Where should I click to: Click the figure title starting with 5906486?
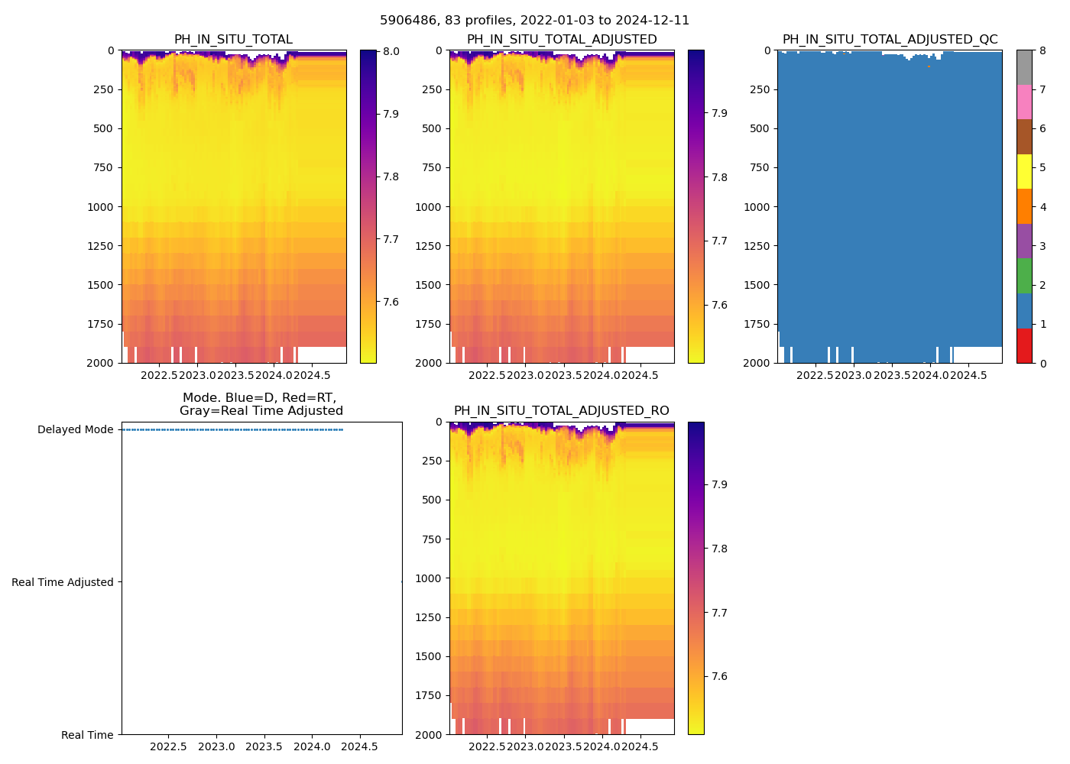[x=534, y=21]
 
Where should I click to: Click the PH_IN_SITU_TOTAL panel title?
[x=233, y=40]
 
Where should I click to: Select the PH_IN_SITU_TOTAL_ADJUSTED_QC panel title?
[x=890, y=40]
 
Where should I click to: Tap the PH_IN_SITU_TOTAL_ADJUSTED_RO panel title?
[x=561, y=411]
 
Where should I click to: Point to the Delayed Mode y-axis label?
[x=75, y=429]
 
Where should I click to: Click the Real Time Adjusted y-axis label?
[x=63, y=582]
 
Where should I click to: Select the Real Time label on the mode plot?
[x=87, y=735]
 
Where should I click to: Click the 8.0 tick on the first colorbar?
[x=391, y=51]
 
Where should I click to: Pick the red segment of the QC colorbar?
[x=1024, y=345]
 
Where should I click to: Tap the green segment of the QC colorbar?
[x=1024, y=276]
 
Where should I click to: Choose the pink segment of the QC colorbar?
[x=1024, y=102]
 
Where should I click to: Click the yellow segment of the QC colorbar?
[x=1024, y=171]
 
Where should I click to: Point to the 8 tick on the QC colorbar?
[x=1042, y=51]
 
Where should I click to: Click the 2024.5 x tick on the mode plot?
[x=358, y=746]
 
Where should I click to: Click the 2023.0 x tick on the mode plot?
[x=216, y=746]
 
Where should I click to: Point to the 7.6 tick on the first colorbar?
[x=391, y=302]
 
